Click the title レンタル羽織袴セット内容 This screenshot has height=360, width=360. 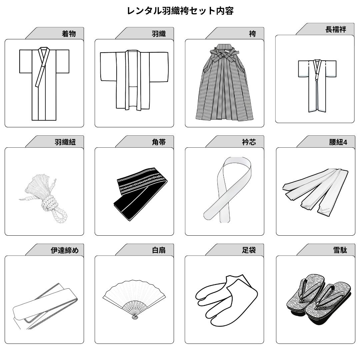click(180, 11)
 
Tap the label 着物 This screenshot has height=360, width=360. click(69, 34)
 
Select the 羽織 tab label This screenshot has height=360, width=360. click(159, 34)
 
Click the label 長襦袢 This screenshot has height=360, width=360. click(335, 29)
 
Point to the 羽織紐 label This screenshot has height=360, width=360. click(65, 142)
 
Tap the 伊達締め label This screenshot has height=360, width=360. click(65, 250)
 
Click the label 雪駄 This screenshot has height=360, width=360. click(340, 250)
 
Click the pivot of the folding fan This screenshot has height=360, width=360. click(135, 317)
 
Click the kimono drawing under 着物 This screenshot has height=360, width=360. click(44, 83)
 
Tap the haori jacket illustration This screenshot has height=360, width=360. click(133, 80)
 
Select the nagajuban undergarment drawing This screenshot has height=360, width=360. click(317, 85)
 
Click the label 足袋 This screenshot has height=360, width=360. click(249, 250)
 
